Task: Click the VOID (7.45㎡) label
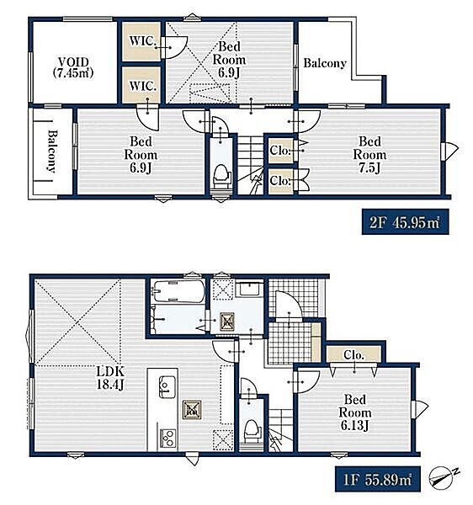[x=73, y=67]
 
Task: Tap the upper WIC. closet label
[x=142, y=41]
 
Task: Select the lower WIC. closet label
[x=142, y=86]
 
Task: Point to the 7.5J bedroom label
[x=369, y=155]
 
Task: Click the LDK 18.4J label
[x=110, y=378]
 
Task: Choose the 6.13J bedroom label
[x=355, y=412]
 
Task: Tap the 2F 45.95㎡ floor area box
[x=405, y=222]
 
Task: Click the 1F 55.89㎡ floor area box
[x=377, y=480]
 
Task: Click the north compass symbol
[x=444, y=477]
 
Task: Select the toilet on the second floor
[x=221, y=177]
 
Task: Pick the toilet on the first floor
[x=252, y=432]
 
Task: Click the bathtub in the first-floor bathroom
[x=178, y=291]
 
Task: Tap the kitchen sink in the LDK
[x=167, y=387]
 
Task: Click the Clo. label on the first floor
[x=353, y=355]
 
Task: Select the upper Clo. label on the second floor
[x=280, y=151]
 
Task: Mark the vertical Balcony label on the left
[x=52, y=151]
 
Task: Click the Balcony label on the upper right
[x=325, y=63]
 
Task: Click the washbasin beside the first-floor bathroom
[x=249, y=289]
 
